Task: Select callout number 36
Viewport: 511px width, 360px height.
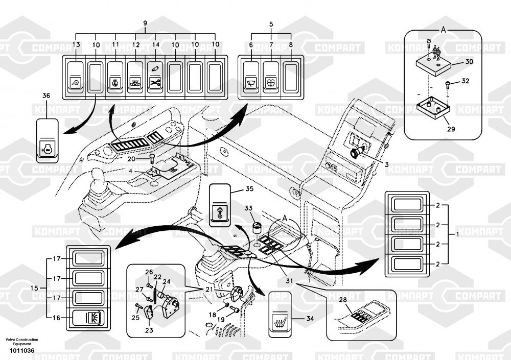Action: pos(46,96)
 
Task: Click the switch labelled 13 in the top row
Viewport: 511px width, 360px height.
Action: pos(76,77)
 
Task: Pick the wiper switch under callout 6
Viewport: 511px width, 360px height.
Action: pos(251,77)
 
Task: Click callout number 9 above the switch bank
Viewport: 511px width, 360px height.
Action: pos(145,24)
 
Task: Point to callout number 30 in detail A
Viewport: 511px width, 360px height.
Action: pos(470,62)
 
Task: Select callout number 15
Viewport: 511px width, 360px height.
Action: pos(34,289)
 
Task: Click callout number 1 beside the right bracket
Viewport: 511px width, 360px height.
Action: pos(457,234)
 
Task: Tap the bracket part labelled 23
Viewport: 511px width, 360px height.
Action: pos(148,314)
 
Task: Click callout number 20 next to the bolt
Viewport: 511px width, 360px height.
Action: pos(132,159)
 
